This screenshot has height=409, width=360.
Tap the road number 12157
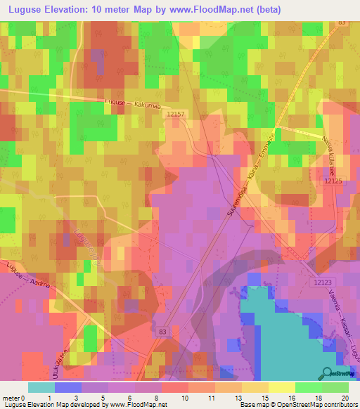pos(177,113)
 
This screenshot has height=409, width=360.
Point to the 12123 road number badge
pos(318,282)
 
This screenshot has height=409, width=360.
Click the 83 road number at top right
pos(342,22)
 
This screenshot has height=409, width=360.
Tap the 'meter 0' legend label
pos(15,398)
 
